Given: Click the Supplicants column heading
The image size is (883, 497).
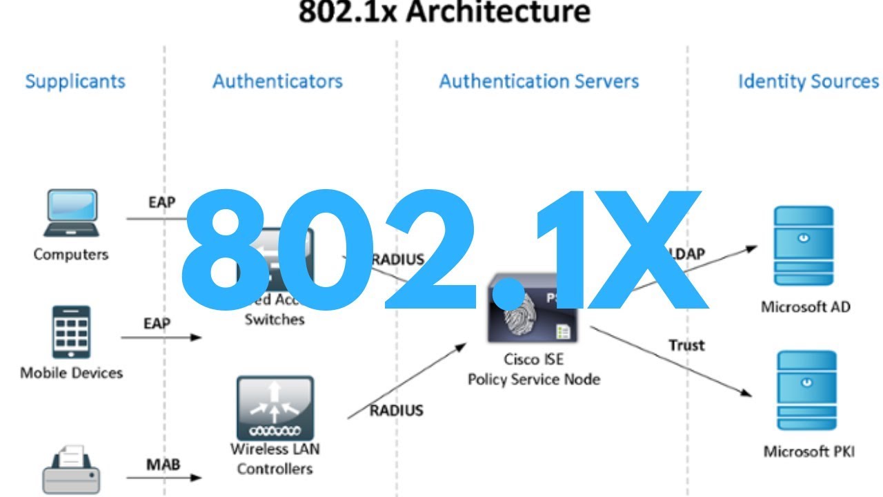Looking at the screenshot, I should click(x=75, y=81).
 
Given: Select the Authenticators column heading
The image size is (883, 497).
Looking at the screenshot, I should click(x=277, y=81).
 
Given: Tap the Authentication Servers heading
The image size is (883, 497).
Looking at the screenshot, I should click(x=539, y=81).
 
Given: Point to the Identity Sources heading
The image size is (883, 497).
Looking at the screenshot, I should click(x=808, y=81).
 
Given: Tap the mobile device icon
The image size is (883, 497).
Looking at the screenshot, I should click(x=71, y=332).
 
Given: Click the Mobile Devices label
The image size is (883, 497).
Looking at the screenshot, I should click(x=71, y=373).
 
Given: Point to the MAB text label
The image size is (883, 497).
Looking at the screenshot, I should click(x=163, y=464).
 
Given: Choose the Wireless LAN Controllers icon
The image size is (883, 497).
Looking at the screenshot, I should click(x=275, y=408).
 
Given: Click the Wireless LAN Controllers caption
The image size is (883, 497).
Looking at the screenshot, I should click(x=275, y=459).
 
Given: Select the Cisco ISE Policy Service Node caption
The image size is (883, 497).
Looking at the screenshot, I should click(x=533, y=369).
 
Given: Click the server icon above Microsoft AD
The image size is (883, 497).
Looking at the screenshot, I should click(x=804, y=246).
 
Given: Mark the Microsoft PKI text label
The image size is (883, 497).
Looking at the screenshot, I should click(x=808, y=452).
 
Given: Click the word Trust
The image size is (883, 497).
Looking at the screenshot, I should click(x=686, y=344).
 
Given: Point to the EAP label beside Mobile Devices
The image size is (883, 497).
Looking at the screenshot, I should click(x=157, y=323).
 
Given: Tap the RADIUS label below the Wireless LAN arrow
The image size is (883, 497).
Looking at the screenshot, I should click(x=397, y=411).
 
